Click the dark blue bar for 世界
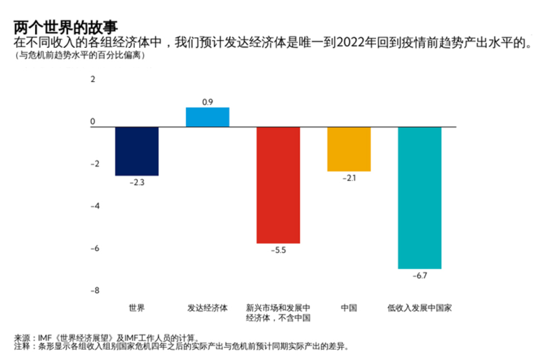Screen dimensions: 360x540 tap(137, 151)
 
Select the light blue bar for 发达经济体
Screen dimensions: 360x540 tap(207, 117)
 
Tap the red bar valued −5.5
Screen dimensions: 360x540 tap(278, 185)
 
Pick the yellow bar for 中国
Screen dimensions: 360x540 tap(349, 149)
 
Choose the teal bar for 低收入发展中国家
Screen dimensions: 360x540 tap(420, 198)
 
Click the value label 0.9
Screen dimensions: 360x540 tap(207, 101)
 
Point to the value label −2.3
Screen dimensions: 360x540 tap(137, 182)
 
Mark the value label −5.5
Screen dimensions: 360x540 tap(278, 250)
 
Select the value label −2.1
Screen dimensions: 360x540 tap(349, 178)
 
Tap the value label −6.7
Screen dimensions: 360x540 tap(420, 276)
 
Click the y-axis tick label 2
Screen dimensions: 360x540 tap(93, 80)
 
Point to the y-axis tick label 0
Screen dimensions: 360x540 tap(93, 121)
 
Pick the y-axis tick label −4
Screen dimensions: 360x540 tap(93, 206)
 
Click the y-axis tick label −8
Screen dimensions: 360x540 tap(93, 290)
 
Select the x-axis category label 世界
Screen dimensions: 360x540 tap(137, 308)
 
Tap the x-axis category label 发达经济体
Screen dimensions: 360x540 tap(207, 308)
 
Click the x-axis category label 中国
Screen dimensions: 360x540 tap(349, 308)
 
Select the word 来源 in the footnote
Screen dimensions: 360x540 tap(22, 338)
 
